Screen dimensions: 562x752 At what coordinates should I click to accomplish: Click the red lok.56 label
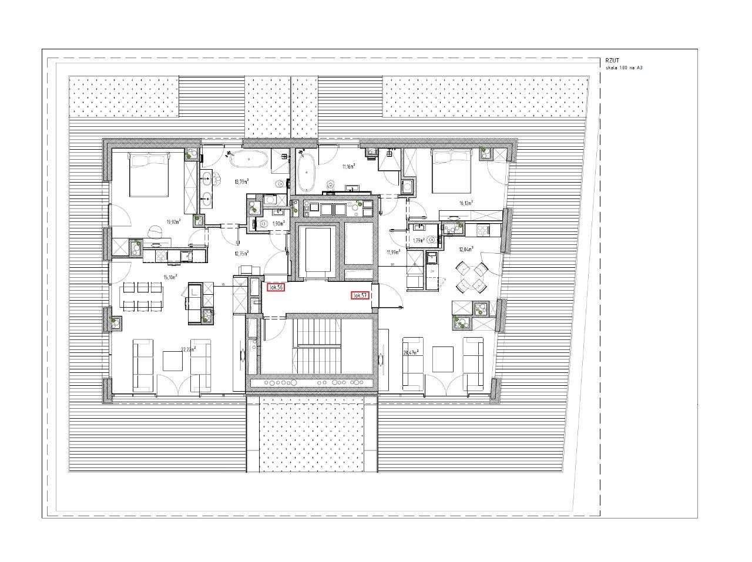(x=276, y=287)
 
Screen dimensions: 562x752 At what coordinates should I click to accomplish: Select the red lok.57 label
(x=360, y=295)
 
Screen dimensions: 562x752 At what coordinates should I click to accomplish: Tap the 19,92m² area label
(x=173, y=222)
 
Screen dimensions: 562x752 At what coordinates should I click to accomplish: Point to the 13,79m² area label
(x=241, y=182)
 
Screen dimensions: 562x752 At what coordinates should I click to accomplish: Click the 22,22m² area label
(x=188, y=349)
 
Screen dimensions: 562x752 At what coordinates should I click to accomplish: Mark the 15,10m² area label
(x=170, y=277)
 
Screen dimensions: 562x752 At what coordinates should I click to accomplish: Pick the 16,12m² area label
(x=466, y=203)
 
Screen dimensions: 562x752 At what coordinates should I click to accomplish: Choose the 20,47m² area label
(x=410, y=352)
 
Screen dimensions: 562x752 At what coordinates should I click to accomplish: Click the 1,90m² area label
(x=278, y=224)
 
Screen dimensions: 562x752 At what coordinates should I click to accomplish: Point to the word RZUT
(x=612, y=60)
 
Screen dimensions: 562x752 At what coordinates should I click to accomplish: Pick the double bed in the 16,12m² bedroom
(x=451, y=169)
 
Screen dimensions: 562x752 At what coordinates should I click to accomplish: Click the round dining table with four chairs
(x=472, y=278)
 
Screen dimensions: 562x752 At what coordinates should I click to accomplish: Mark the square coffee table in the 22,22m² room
(x=173, y=359)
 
